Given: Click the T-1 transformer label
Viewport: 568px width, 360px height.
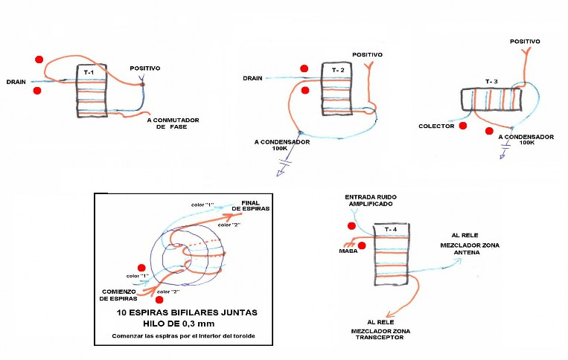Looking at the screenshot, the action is coord(89,72).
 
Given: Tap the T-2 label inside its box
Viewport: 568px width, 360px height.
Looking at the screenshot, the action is coord(338,70).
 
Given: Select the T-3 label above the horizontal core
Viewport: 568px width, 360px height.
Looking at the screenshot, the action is coord(491,81).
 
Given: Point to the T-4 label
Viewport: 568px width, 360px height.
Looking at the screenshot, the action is coord(391,229).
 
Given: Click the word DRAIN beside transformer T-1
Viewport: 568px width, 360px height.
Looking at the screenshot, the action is coord(16,82).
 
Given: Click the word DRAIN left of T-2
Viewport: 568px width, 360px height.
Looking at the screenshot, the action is coord(252,78).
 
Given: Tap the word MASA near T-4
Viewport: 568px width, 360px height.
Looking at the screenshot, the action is coord(348,251).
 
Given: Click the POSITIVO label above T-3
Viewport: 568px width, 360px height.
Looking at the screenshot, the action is coord(525,42).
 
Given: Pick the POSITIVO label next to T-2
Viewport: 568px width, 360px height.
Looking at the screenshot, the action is coord(367,55).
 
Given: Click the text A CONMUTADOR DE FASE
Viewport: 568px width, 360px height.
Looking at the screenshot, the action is coord(173,123).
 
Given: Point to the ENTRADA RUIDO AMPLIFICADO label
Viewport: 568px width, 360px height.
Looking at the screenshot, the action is coord(371,200).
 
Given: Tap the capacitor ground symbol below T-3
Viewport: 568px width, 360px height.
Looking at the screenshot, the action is coord(504,151).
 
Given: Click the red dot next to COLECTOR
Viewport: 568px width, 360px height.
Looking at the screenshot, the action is coord(462,126).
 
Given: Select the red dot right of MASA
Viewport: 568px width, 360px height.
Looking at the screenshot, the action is coord(362,245).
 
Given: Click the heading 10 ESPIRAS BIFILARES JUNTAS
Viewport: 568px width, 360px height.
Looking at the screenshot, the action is coord(187,312).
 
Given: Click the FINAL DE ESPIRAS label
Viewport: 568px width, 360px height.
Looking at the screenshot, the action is coord(251,206).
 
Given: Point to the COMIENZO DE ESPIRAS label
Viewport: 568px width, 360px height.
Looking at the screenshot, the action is coord(119,295).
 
